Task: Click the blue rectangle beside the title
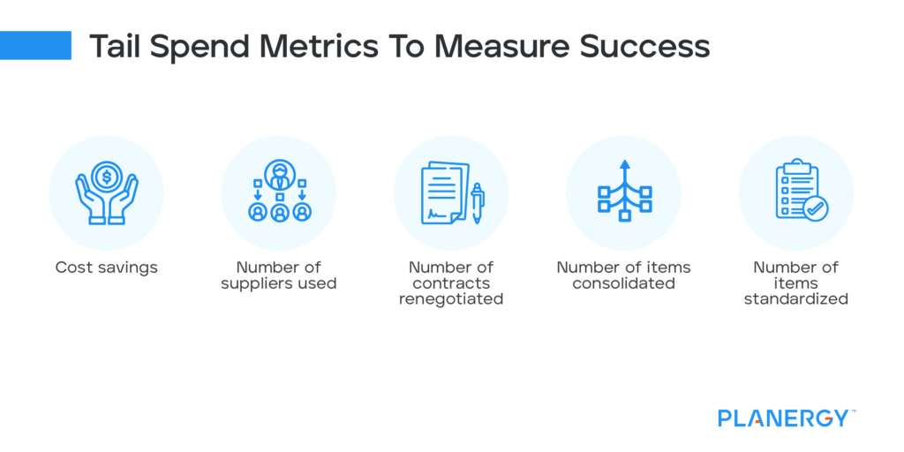coord(35,46)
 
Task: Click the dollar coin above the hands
coord(106,177)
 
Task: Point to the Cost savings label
coord(106,267)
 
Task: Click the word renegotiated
coord(451,299)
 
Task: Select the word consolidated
coord(623,283)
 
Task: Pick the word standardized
coord(795,299)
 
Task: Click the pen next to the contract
coord(478,203)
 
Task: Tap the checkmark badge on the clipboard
coord(815,208)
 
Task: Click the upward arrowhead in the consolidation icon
coord(624,164)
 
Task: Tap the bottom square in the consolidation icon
coord(624,217)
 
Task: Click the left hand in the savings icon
coord(90,200)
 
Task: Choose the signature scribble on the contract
coord(439,214)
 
